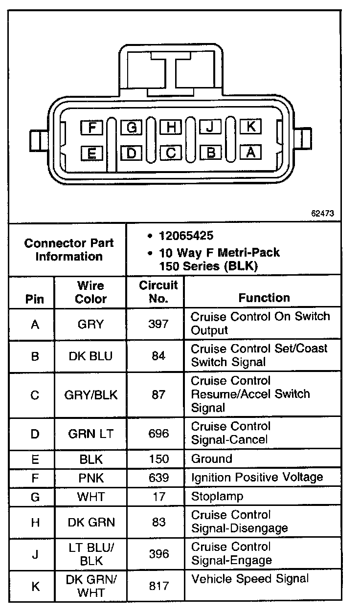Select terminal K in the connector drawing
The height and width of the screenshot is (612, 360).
pyautogui.click(x=250, y=127)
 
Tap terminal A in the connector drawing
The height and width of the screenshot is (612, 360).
pyautogui.click(x=250, y=153)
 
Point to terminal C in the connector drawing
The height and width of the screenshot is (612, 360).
pyautogui.click(x=171, y=153)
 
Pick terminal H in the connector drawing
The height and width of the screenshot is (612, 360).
pyautogui.click(x=171, y=128)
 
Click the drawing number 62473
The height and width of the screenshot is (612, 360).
pyautogui.click(x=323, y=214)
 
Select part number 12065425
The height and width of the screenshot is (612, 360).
pyautogui.click(x=186, y=236)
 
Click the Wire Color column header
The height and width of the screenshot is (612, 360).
pyautogui.click(x=90, y=292)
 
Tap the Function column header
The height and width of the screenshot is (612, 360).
pyautogui.click(x=264, y=298)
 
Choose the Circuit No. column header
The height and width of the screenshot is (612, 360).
pyautogui.click(x=158, y=292)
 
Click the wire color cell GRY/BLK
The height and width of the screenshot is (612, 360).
pyautogui.click(x=90, y=394)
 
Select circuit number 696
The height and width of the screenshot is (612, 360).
pyautogui.click(x=158, y=433)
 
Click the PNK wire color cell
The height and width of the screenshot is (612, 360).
pyautogui.click(x=90, y=478)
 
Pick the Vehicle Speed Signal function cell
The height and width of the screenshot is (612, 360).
pyautogui.click(x=250, y=579)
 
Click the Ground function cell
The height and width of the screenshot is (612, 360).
pyautogui.click(x=211, y=459)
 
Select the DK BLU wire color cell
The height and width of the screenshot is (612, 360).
pyautogui.click(x=90, y=356)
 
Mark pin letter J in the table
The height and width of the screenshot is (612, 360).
pyautogui.click(x=35, y=554)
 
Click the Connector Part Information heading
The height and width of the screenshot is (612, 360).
pyautogui.click(x=68, y=250)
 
